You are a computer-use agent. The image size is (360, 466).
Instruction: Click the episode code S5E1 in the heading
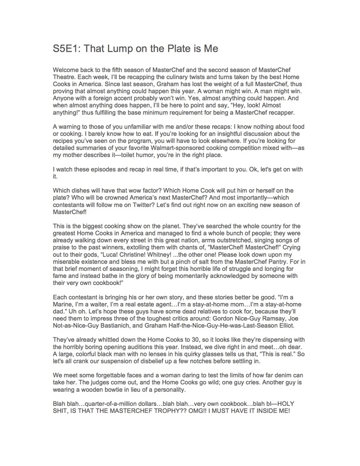point(68,49)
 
